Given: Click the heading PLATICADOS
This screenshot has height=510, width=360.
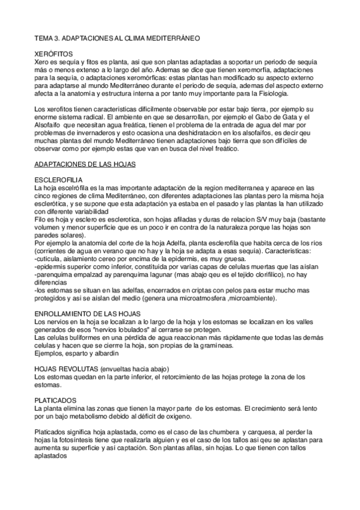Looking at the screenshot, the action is [54, 400].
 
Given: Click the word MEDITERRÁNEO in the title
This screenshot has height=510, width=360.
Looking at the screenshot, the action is [174, 38].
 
